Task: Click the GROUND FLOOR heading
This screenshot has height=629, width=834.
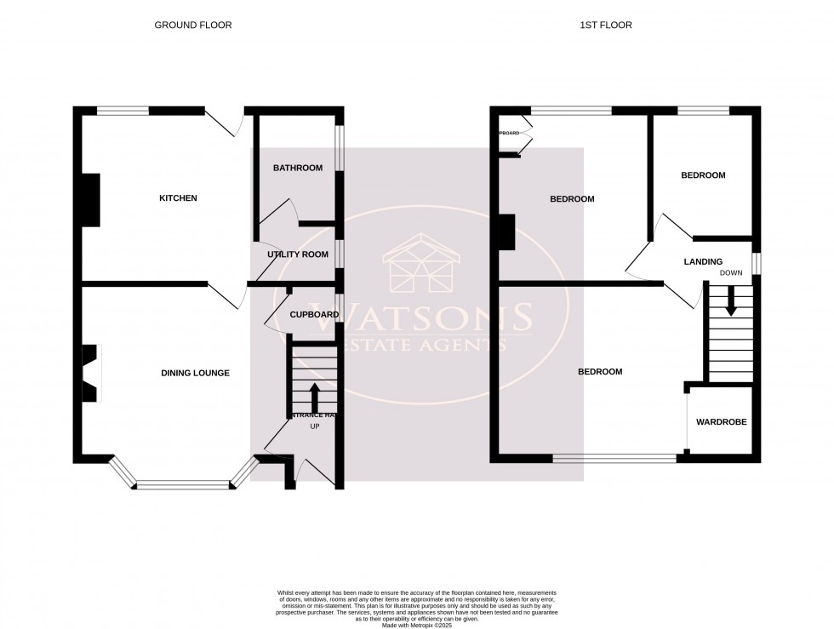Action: [x=192, y=26]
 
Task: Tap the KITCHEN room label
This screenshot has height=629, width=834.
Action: [x=179, y=198]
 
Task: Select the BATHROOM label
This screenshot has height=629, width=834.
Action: [x=298, y=168]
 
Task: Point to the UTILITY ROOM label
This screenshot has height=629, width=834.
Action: [x=298, y=254]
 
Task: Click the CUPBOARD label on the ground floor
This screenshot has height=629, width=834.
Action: [x=314, y=314]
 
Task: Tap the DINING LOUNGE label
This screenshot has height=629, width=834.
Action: [x=196, y=373]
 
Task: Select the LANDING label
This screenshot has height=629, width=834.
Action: [x=703, y=261]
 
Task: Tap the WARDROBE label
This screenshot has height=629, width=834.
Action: [x=721, y=421]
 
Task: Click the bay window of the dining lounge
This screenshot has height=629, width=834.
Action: [x=184, y=485]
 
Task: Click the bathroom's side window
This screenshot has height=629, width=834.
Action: [x=339, y=149]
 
